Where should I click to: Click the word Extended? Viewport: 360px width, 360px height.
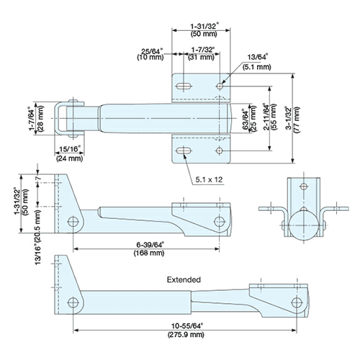point(184,280)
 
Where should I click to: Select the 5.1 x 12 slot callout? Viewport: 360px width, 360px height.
point(209,179)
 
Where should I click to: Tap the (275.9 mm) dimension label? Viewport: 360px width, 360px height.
point(186,335)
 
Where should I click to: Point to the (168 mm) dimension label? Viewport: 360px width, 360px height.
point(149,253)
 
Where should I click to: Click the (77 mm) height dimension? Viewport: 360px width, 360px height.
point(297,120)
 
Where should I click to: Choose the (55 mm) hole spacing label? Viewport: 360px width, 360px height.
point(274,117)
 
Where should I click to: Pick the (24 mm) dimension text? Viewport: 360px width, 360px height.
point(70,158)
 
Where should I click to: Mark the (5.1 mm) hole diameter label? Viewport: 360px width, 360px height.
point(256,67)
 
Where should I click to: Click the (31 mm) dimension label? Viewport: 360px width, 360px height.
point(201,58)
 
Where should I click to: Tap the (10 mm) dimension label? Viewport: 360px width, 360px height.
point(150,58)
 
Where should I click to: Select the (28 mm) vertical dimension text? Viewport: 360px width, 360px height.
point(41,119)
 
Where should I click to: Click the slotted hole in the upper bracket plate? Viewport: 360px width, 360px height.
point(184,86)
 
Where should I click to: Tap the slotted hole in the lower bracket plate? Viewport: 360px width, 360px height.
point(184,150)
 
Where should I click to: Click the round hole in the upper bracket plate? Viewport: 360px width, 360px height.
point(220,86)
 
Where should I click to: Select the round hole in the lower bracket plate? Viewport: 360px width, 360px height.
point(220,150)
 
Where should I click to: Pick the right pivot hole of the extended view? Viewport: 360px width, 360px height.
point(297,302)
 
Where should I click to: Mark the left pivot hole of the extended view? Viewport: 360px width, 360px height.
point(73,302)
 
